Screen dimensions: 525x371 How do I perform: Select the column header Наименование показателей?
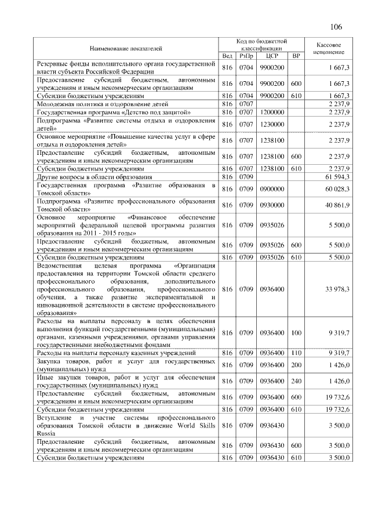coord(125,47)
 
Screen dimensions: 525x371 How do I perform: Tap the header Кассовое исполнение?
coord(329,48)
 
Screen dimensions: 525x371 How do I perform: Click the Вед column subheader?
coord(227,56)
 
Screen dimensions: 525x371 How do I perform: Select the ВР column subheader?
coord(296,56)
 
